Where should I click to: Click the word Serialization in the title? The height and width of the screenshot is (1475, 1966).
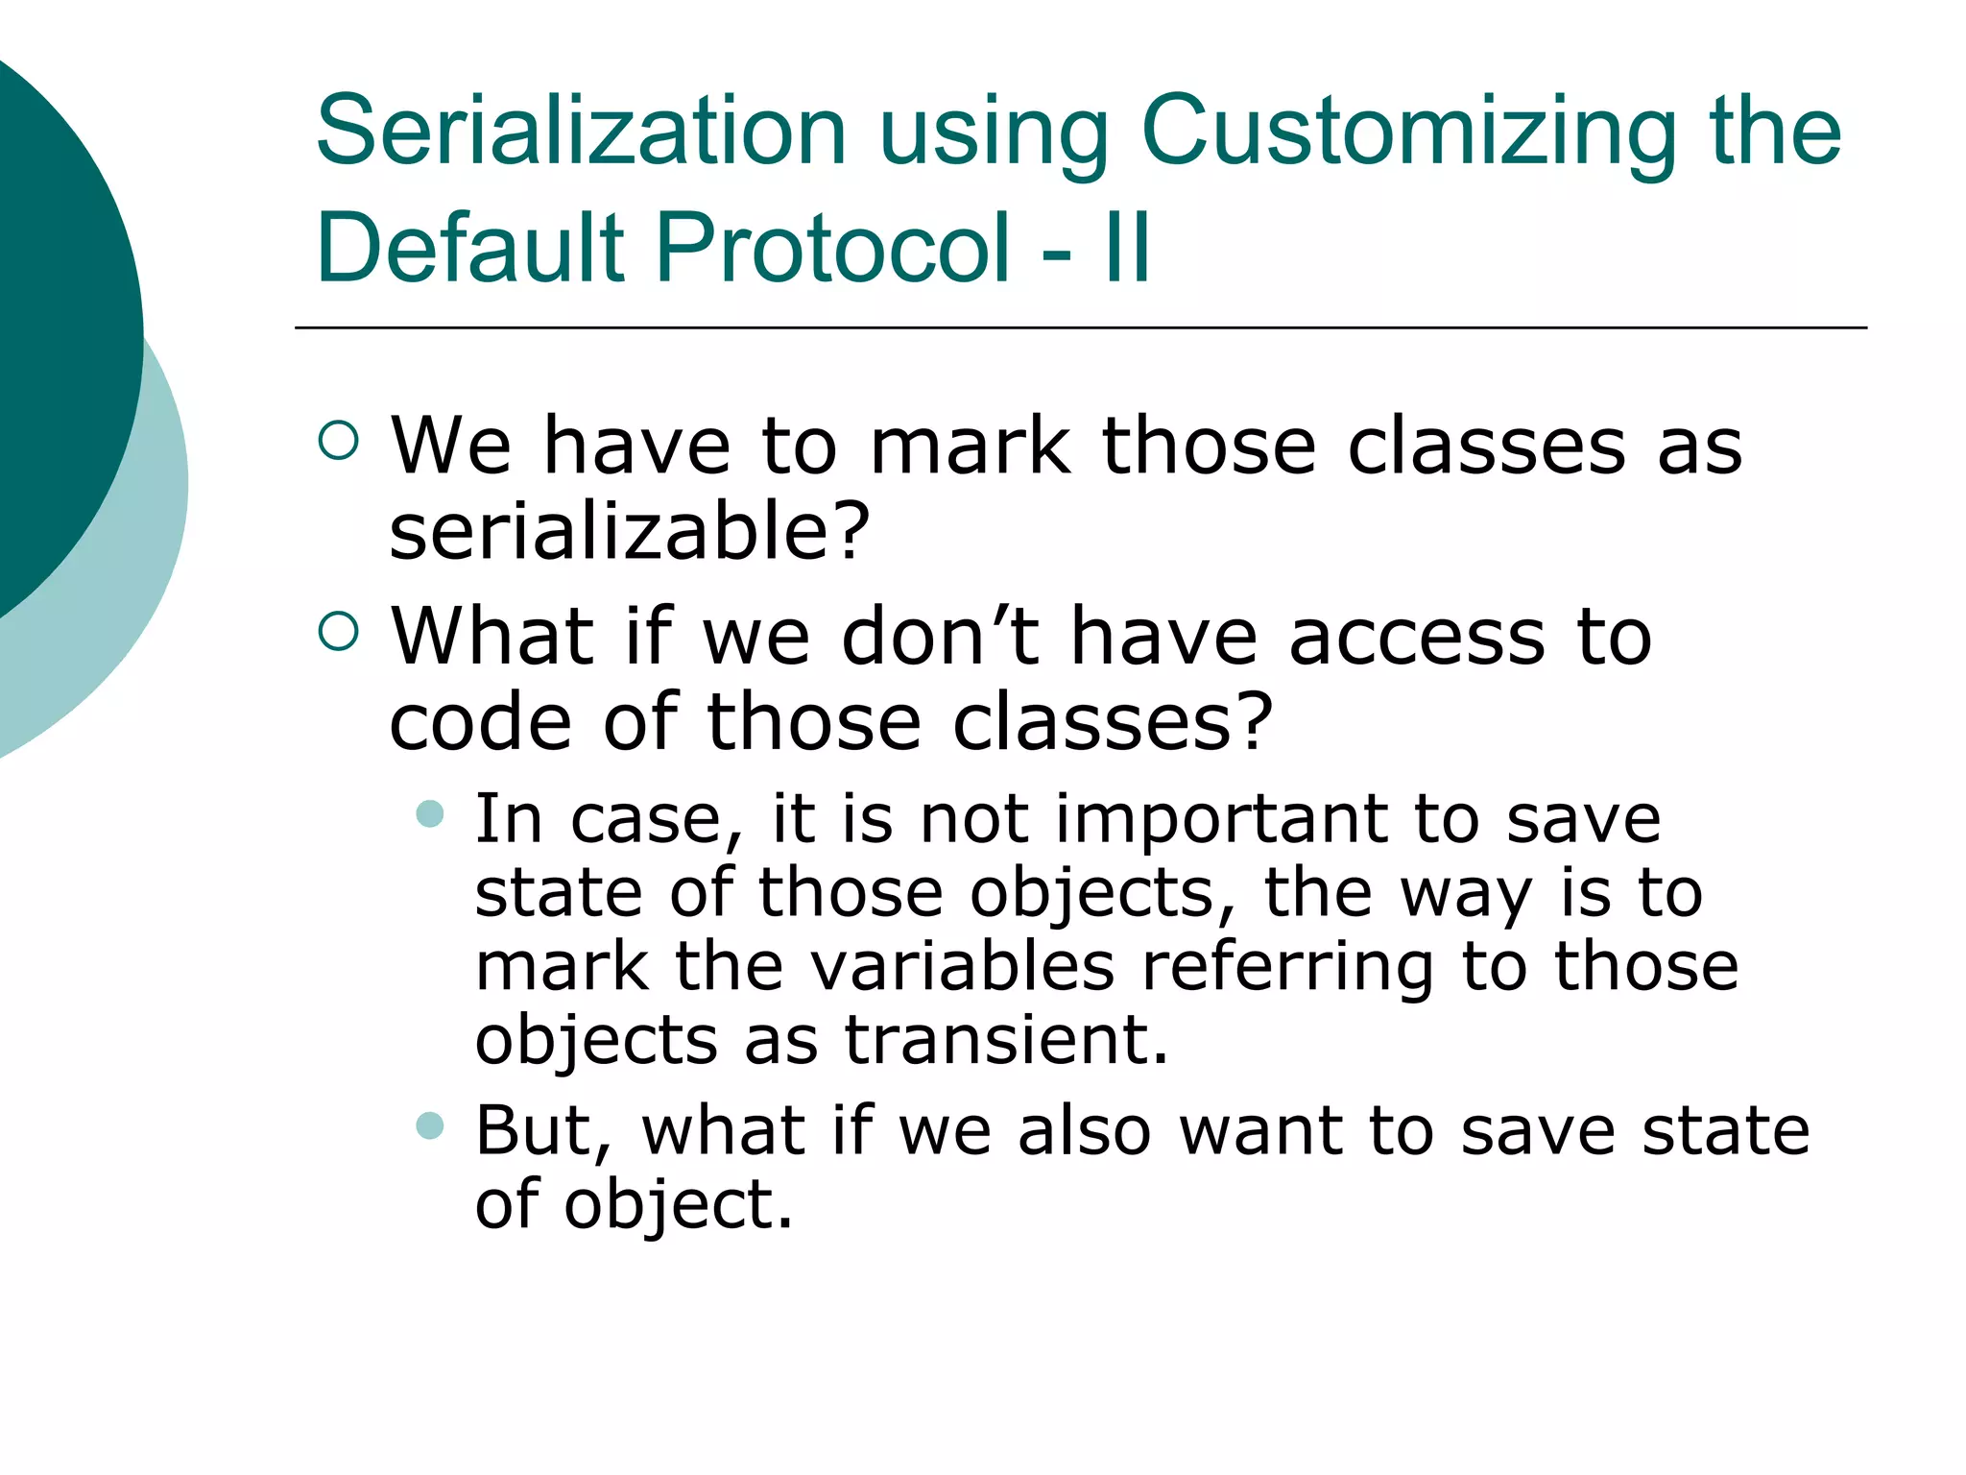(581, 132)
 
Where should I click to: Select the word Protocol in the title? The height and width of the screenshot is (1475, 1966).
(833, 248)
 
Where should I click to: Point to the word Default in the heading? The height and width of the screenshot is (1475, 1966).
(470, 248)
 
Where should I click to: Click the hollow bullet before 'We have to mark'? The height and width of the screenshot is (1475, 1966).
(338, 441)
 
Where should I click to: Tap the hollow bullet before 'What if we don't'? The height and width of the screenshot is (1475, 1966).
(338, 631)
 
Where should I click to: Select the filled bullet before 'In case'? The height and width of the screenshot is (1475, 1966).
(430, 814)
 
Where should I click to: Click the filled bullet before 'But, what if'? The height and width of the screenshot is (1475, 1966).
(430, 1125)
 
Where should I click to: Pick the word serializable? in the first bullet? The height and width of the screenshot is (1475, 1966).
(629, 532)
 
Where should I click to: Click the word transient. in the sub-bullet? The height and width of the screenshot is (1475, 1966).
(1006, 1040)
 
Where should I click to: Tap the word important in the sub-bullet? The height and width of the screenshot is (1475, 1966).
(1220, 819)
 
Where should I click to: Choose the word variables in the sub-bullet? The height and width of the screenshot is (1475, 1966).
(963, 966)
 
